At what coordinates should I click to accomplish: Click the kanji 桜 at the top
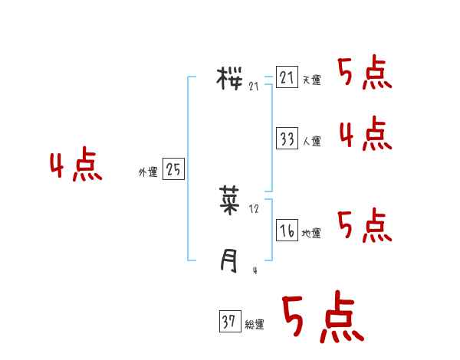pos(230,77)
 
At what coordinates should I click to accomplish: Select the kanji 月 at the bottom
pos(228,262)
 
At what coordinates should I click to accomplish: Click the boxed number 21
pos(287,77)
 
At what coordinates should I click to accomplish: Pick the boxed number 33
pos(287,139)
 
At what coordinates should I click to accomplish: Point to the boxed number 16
pos(287,231)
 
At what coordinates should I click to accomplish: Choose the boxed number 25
pos(173,169)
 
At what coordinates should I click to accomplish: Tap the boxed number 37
pos(229,322)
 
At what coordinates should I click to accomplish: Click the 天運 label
pos(312,80)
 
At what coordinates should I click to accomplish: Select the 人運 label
pos(312,142)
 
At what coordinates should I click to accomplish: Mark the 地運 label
pos(311,234)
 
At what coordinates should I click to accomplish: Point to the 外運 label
pos(148,172)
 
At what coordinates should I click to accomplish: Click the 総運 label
pos(255,326)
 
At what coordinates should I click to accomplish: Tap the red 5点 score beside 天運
pos(365,74)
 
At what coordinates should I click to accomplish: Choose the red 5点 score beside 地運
pos(365,225)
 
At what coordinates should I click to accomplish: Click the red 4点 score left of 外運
pos(76,166)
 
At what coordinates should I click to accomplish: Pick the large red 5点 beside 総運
pos(322,318)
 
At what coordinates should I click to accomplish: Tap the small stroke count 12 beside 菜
pos(255,208)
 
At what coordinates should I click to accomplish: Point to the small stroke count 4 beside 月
pos(255,270)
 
